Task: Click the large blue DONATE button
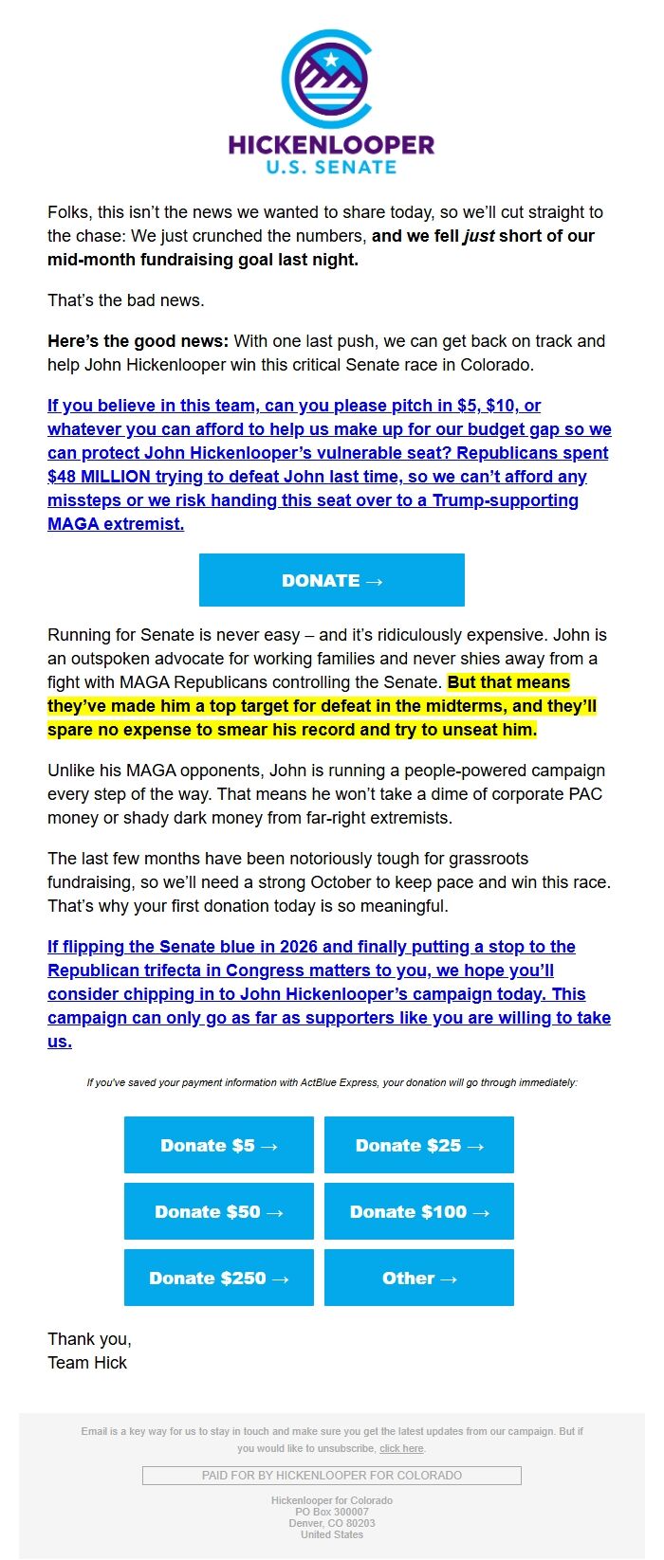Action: click(x=332, y=580)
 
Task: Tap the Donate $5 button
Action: click(x=219, y=1145)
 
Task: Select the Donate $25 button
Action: click(x=419, y=1145)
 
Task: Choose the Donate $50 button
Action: click(x=219, y=1211)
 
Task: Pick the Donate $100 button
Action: click(x=419, y=1211)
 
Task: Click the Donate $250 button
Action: click(x=219, y=1278)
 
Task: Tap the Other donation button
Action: click(x=419, y=1278)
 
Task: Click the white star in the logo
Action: click(x=331, y=61)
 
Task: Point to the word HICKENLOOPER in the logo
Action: click(x=331, y=145)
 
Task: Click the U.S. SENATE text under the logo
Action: click(x=331, y=168)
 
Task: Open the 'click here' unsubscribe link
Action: click(x=401, y=1448)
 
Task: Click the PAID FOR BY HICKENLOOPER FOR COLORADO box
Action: click(x=332, y=1476)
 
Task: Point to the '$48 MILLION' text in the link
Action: click(x=99, y=477)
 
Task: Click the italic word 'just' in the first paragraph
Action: click(x=478, y=236)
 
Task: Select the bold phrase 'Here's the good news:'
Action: click(x=138, y=341)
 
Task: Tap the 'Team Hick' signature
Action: click(x=87, y=1363)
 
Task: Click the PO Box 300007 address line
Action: click(x=332, y=1512)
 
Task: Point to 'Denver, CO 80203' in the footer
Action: click(x=332, y=1523)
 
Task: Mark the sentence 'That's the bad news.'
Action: click(x=126, y=300)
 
